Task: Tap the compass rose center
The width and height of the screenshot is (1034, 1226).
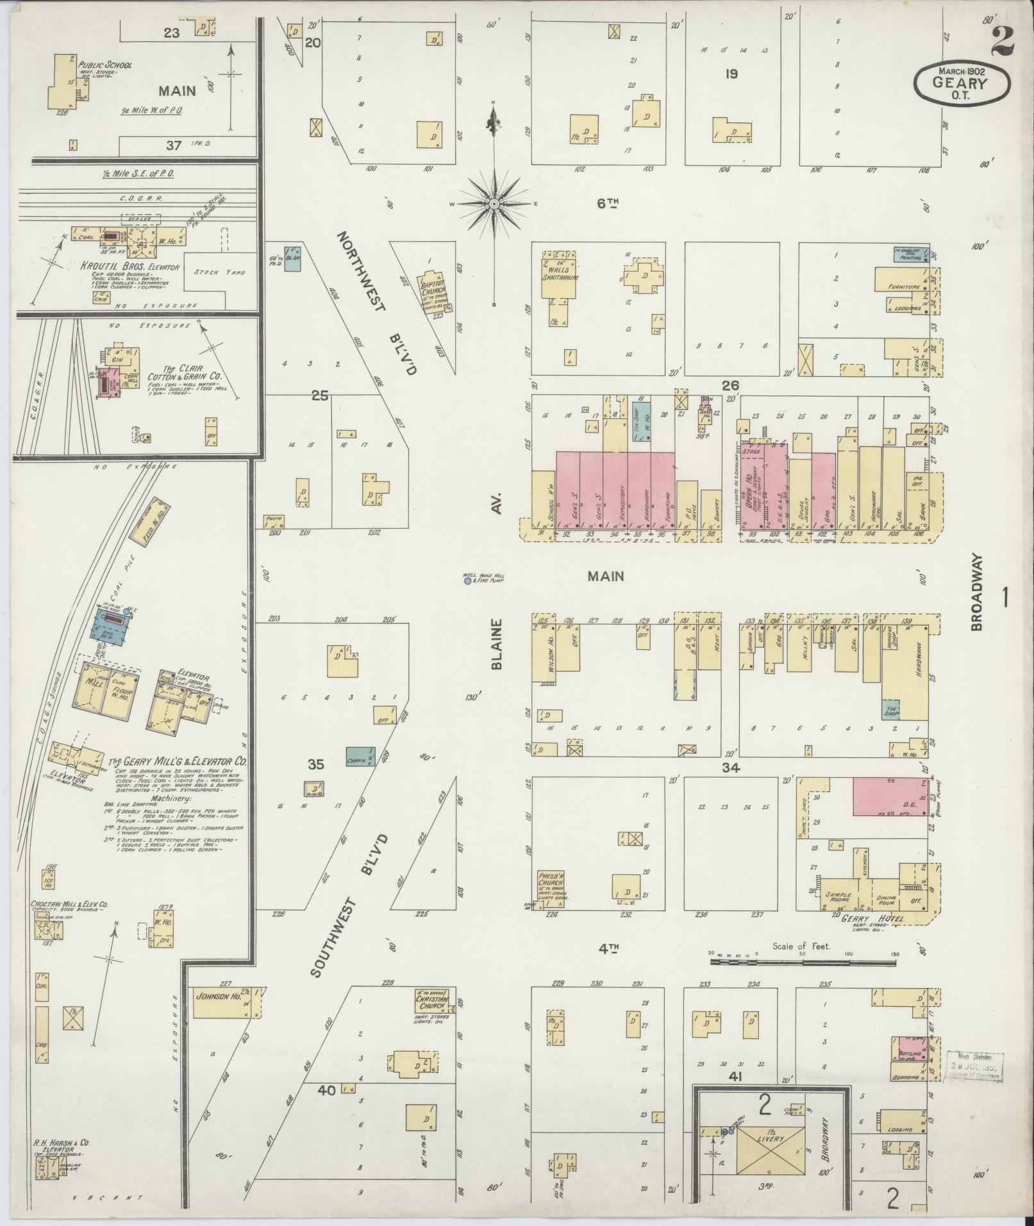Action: click(494, 204)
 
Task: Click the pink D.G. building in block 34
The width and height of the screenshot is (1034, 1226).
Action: click(890, 797)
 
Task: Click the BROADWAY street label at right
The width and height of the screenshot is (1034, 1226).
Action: click(976, 592)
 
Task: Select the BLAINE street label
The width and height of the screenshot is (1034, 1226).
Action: click(496, 644)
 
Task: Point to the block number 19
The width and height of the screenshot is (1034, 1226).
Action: click(731, 74)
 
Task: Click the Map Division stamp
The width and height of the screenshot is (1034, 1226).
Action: click(974, 1068)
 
